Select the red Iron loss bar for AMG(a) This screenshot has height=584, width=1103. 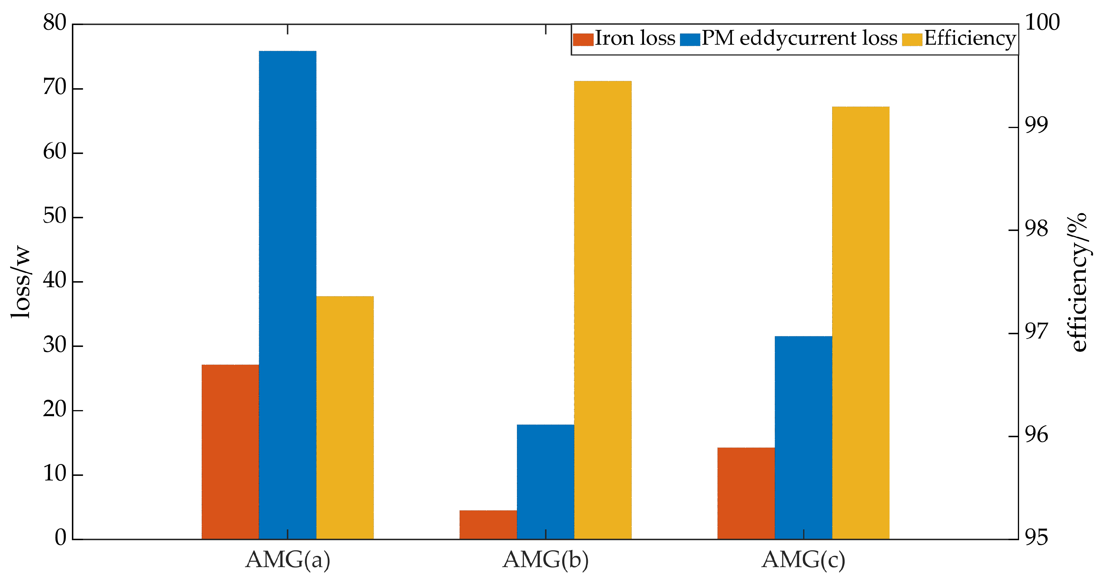tap(230, 452)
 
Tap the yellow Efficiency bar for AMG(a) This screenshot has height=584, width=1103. tap(345, 417)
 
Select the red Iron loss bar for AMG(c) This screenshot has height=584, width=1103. tap(746, 493)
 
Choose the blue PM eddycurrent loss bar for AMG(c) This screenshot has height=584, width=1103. tap(803, 438)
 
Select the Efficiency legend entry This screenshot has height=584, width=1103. tap(959, 39)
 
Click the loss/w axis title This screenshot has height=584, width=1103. tap(21, 282)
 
